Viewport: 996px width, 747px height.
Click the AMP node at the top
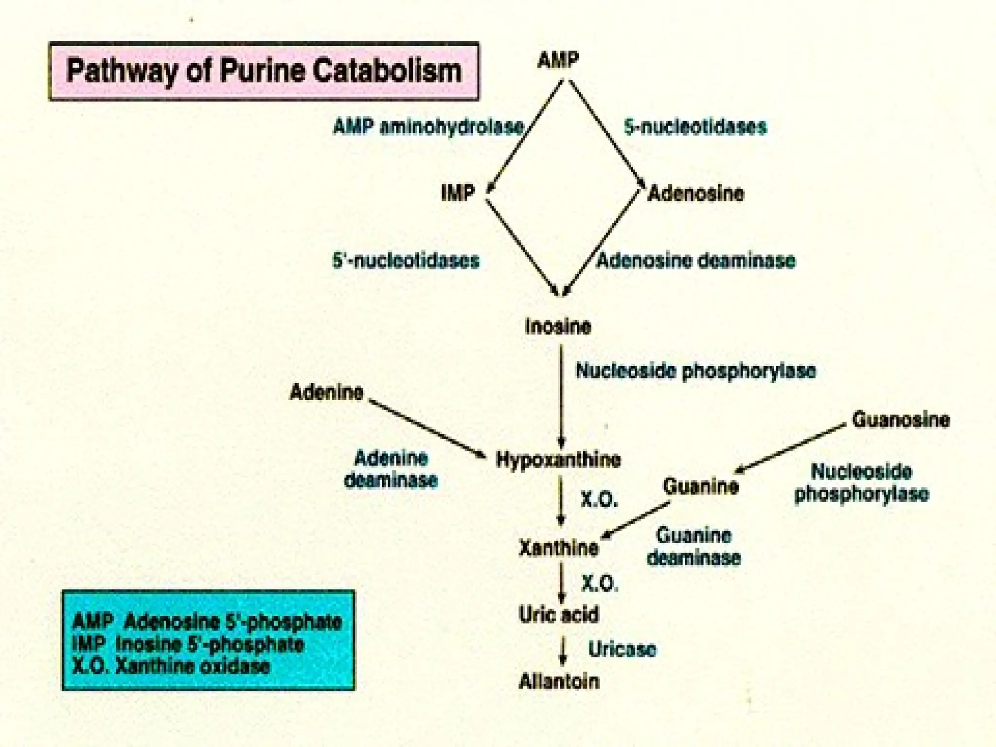tap(558, 61)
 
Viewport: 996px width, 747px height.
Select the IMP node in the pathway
tap(458, 193)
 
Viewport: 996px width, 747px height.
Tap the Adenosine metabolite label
tap(696, 194)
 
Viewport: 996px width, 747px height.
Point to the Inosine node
tap(558, 326)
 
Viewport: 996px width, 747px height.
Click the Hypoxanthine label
tap(558, 460)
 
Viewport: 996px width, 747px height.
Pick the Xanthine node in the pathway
tap(558, 548)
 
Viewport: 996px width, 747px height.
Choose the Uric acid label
tap(558, 615)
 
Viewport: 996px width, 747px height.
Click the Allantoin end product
tap(559, 681)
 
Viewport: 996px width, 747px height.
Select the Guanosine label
tap(901, 419)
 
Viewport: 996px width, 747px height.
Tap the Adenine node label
tap(326, 392)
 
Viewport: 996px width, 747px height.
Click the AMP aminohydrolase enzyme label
tap(428, 127)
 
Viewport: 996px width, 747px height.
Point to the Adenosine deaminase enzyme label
tap(696, 261)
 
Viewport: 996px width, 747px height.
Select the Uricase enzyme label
tap(622, 649)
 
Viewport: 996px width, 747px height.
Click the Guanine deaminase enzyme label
tap(694, 547)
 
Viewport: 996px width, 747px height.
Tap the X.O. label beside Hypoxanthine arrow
tap(599, 499)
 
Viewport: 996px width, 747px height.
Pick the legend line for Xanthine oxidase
tap(170, 666)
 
